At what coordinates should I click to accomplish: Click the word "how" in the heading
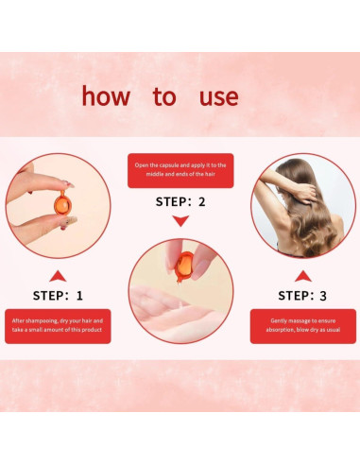coord(106,95)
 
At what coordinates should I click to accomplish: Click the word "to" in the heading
coord(164,96)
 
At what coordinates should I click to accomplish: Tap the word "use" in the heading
coord(219,97)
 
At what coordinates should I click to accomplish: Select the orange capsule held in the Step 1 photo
coord(62,204)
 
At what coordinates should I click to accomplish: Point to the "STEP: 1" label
coord(58,296)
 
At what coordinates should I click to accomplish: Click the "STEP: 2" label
coord(180,202)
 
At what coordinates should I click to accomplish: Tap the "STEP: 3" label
coord(302,296)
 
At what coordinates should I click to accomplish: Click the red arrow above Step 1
coord(58,276)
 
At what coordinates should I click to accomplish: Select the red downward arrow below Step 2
coord(180,220)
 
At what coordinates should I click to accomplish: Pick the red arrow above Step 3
coord(303,276)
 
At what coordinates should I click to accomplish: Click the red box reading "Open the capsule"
coord(180,170)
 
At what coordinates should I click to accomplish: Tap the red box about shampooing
coord(58,326)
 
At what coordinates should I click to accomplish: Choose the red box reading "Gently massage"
coord(303,326)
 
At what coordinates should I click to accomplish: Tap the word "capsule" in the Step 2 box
coord(169,165)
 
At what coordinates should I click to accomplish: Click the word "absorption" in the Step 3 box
coord(279,330)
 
